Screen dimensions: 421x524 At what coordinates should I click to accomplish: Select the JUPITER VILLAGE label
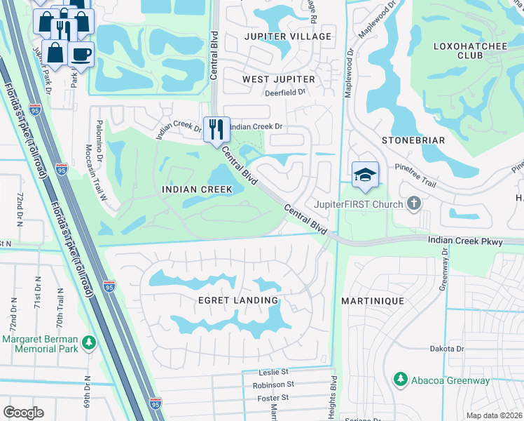tap(287, 36)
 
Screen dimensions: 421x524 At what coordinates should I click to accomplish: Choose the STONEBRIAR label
tap(413, 140)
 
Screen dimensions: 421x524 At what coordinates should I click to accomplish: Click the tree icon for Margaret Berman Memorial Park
tap(88, 342)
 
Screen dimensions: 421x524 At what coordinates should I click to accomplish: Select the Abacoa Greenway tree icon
tap(400, 380)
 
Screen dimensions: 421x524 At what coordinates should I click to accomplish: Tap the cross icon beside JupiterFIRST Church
tap(414, 204)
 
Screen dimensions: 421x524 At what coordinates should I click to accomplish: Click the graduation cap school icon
tap(365, 175)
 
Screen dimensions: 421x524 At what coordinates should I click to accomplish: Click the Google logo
tap(24, 413)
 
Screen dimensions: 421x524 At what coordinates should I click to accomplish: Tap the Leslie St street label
tap(273, 371)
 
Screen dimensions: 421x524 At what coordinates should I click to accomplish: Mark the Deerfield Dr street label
tap(285, 92)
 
